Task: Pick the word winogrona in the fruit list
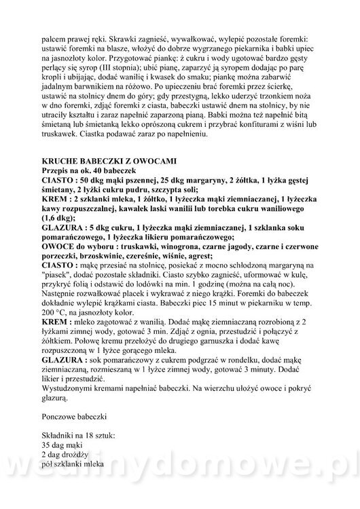181,249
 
